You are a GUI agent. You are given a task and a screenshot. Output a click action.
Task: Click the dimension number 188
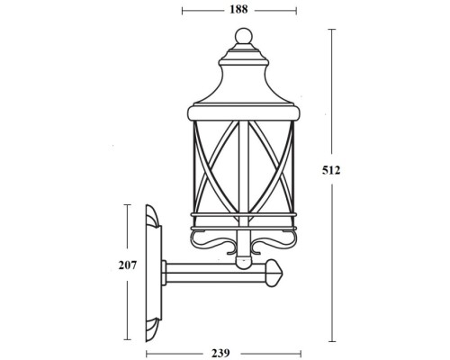[x=238, y=10]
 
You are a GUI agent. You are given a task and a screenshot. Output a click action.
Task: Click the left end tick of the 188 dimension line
[x=183, y=11]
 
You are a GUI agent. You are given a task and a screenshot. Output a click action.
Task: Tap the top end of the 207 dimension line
[x=125, y=204]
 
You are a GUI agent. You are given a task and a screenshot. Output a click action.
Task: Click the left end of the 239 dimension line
[x=143, y=351]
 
